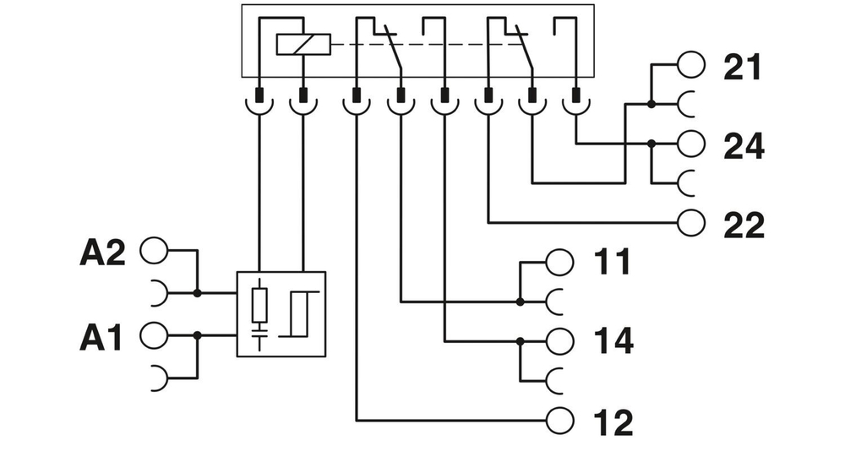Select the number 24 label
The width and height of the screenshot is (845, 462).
tap(744, 146)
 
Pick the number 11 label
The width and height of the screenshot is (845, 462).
tap(612, 263)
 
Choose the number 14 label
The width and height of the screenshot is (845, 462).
tap(612, 342)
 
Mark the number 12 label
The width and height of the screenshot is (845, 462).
tap(612, 422)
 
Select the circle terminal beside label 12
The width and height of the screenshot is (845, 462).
tap(560, 418)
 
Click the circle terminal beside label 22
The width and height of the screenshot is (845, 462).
tap(691, 222)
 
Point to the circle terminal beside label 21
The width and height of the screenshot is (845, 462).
tap(691, 64)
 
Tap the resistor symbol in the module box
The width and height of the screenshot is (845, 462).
tap(260, 305)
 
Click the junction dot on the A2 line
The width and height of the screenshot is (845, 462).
tap(198, 293)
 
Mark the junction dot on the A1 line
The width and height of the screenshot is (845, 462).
tap(198, 335)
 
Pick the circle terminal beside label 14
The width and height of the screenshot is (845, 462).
tap(560, 341)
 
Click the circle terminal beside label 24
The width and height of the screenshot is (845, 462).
tap(691, 144)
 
